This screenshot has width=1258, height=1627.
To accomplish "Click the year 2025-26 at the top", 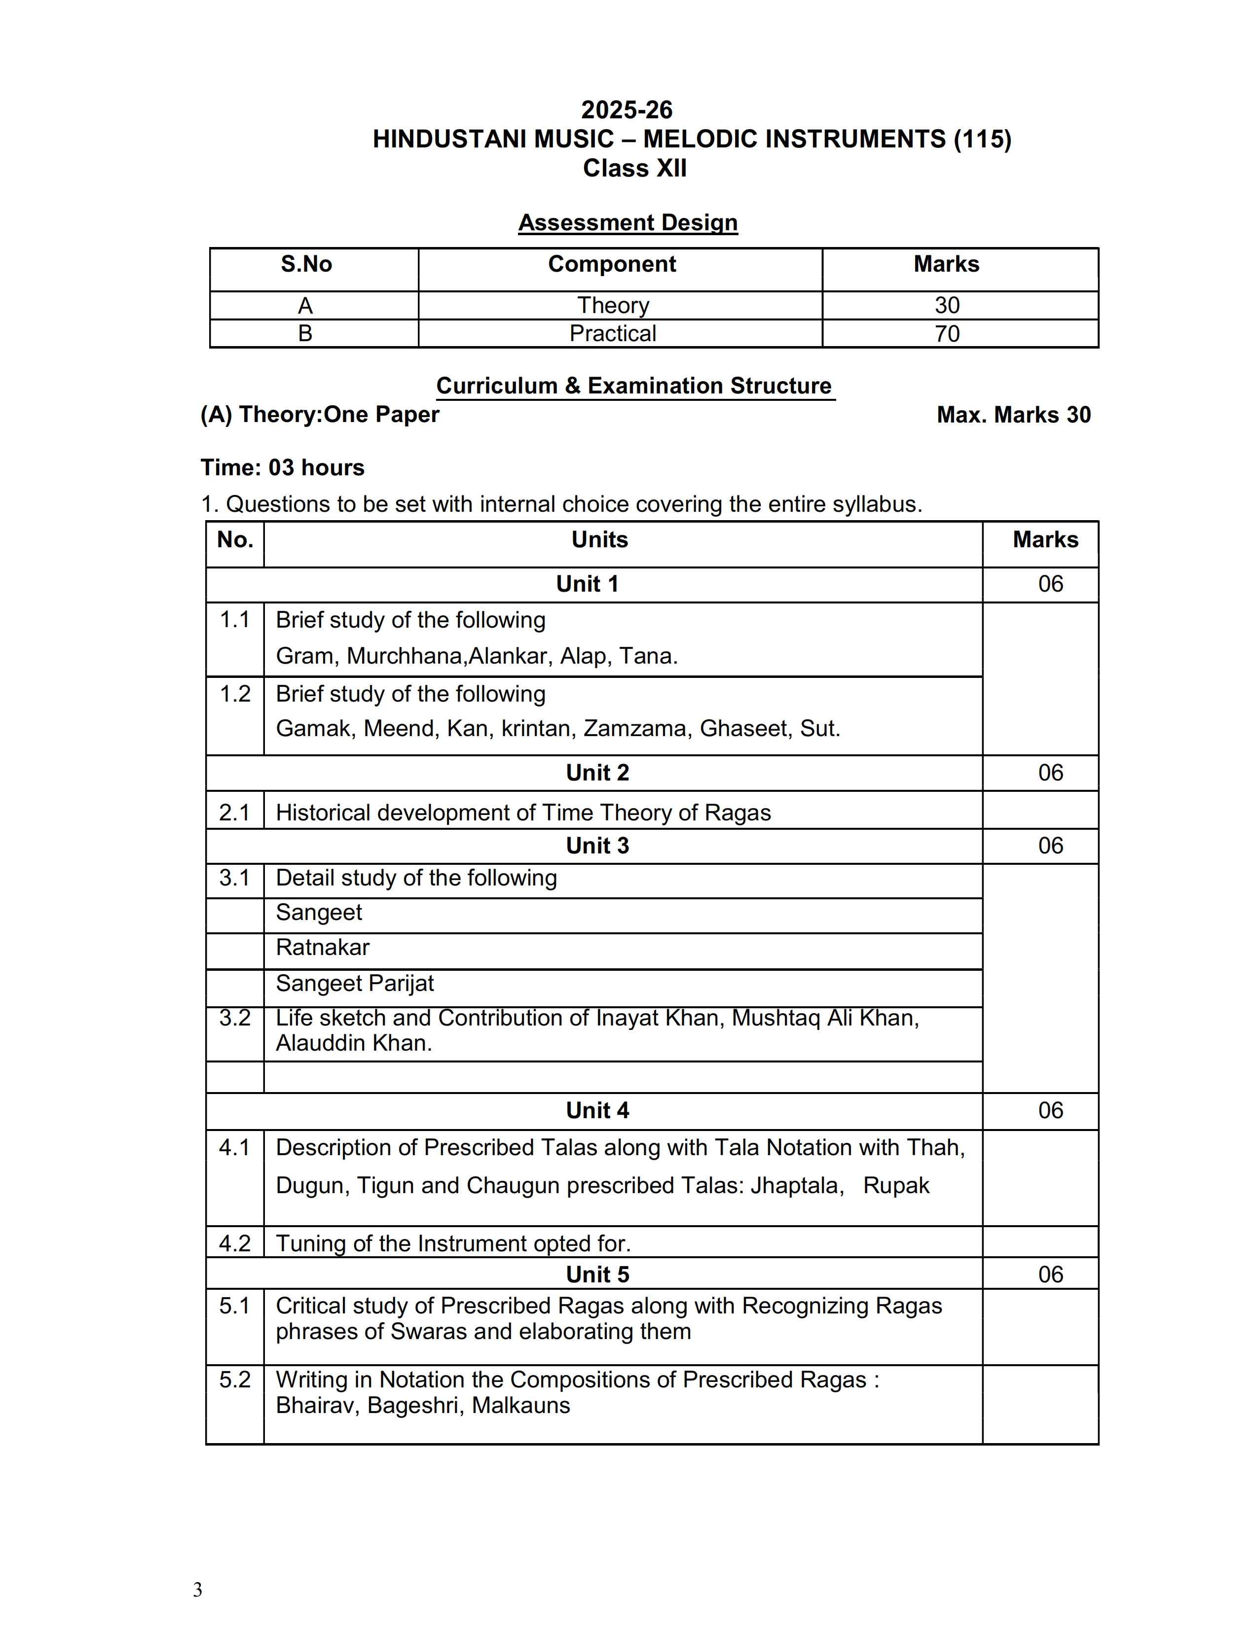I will coord(627,110).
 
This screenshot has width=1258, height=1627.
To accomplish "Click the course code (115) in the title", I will coord(982,140).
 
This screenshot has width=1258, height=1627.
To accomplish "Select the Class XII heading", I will coord(634,168).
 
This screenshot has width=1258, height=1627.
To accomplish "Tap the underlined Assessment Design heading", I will coord(628,223).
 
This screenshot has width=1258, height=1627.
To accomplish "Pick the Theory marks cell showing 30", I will coord(947,306).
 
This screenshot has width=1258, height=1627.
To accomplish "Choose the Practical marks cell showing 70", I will coord(947,334).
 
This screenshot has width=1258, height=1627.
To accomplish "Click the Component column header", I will coord(612,264).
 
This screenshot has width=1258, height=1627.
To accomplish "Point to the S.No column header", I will coord(306,264).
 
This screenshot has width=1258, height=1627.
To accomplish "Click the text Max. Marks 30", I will coord(1014,415).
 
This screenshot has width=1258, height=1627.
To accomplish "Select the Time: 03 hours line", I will coord(283,468).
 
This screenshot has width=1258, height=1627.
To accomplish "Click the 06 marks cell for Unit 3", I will coord(1050,846).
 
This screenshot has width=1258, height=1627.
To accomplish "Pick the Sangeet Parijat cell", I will coord(355,984).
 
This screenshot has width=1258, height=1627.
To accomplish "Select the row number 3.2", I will coord(235,1019).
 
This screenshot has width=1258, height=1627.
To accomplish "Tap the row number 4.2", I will coord(235,1243).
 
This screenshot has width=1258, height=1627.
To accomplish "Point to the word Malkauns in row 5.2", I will coord(521,1406).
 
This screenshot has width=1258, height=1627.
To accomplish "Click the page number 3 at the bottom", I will coord(197,1590).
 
